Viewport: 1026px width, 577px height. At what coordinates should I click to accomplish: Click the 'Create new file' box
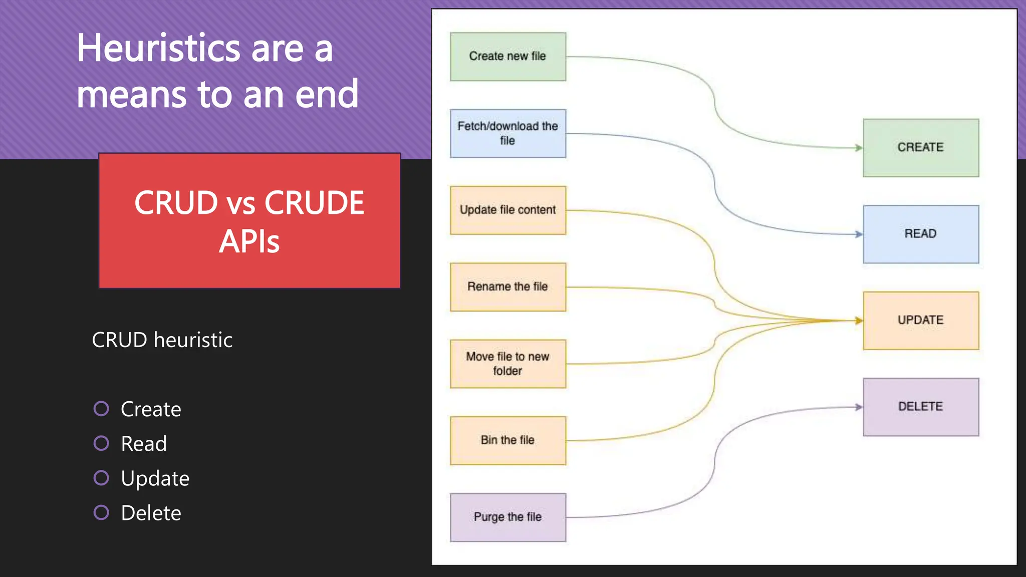coord(507,57)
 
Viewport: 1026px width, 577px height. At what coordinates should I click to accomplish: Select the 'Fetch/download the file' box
coord(507,133)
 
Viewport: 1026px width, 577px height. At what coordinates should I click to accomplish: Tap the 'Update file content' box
coord(507,210)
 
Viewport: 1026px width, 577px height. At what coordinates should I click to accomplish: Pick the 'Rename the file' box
coord(507,286)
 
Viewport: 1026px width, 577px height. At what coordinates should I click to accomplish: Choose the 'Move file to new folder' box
coord(507,364)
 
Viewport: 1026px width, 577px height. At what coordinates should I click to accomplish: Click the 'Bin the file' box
coord(507,440)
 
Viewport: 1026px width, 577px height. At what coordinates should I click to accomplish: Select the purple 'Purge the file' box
coord(507,517)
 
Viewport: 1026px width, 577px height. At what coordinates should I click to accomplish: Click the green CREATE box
coord(920,148)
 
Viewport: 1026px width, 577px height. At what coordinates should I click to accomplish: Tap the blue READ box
coord(920,234)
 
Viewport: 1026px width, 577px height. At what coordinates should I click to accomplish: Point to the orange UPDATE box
coord(920,320)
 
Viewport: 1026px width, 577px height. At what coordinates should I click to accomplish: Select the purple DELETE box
coord(920,407)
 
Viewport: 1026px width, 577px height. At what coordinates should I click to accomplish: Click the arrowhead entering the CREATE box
coord(859,148)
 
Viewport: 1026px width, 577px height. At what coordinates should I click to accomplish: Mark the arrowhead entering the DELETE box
coord(859,407)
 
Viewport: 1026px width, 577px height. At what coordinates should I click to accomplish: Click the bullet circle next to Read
coord(101,443)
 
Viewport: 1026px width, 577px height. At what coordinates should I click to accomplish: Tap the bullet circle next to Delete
coord(101,512)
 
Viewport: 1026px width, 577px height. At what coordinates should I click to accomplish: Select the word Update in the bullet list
coord(155,479)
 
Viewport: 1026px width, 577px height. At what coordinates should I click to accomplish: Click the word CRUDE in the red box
coord(314,203)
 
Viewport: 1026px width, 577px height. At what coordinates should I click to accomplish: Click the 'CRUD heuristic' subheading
coord(162,340)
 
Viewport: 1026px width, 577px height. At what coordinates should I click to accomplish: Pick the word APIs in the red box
coord(249,242)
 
